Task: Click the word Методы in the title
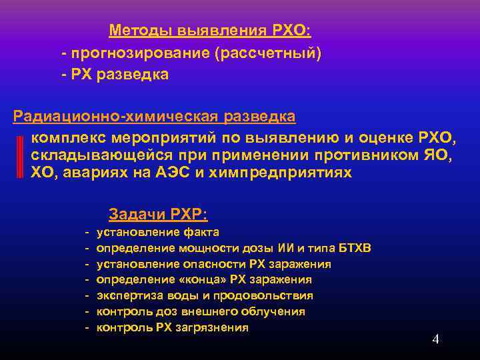pos(138,31)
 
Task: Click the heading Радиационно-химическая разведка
pos(155,117)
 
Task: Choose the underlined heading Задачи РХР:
pos(158,215)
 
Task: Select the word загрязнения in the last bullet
pos(215,327)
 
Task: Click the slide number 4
pos(435,339)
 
